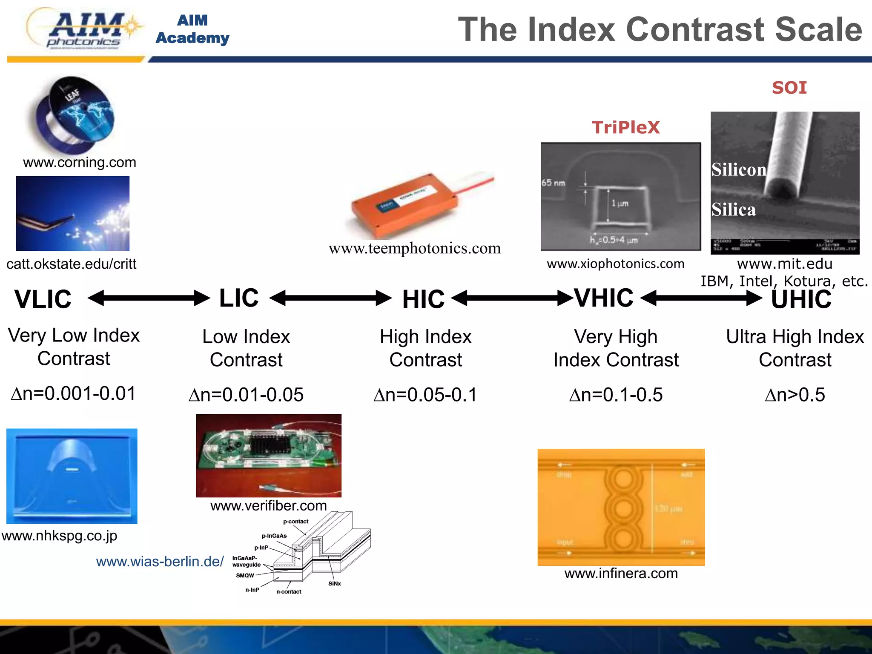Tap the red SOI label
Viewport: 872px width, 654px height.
(x=789, y=88)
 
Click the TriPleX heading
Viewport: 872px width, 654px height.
(x=625, y=127)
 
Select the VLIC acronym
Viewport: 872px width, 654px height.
(x=43, y=299)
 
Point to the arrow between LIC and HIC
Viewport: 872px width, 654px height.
(x=330, y=298)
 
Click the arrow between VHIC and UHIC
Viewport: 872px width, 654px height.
(x=701, y=298)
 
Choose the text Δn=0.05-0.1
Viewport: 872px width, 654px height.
(x=425, y=395)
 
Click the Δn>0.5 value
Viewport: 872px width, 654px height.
(x=795, y=395)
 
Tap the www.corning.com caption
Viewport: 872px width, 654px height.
(x=80, y=162)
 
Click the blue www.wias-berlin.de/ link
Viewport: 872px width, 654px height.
(x=160, y=561)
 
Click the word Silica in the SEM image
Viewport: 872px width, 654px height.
(x=733, y=209)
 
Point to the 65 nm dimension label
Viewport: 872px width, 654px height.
(x=553, y=183)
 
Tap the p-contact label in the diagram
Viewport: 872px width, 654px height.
(x=295, y=521)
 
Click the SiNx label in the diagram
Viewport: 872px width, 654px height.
(x=334, y=583)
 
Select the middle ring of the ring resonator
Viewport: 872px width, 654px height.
(x=623, y=508)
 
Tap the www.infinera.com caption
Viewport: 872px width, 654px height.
(x=621, y=573)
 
